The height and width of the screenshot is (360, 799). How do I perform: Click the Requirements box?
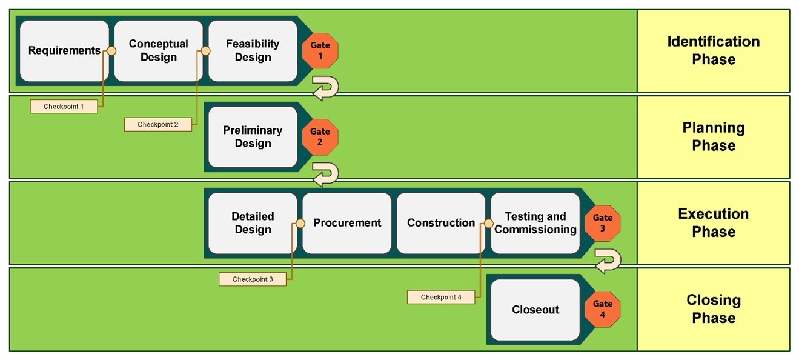tap(64, 51)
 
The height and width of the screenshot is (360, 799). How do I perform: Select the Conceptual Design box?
tap(158, 51)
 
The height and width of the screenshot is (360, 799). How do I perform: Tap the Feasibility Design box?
tap(253, 51)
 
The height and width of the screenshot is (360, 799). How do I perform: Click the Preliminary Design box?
tap(253, 137)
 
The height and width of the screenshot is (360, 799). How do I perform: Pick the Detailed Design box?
tap(253, 224)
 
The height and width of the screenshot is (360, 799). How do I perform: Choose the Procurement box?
tap(346, 224)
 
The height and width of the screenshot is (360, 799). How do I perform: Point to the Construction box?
tap(441, 224)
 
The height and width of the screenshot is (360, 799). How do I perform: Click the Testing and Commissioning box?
tap(535, 224)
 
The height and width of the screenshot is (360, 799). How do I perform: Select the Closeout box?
tap(535, 310)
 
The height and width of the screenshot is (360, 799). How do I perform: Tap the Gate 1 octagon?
tap(320, 51)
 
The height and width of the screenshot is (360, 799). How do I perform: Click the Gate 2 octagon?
tap(320, 137)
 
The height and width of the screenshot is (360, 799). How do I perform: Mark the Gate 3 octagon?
tap(603, 224)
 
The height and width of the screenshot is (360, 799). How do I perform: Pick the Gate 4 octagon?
tap(603, 309)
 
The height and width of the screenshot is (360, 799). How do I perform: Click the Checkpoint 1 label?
tap(64, 106)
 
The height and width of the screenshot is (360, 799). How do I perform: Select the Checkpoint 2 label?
tap(158, 124)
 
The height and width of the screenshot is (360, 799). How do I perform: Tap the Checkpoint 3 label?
tap(253, 279)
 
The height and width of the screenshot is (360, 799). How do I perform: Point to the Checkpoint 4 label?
tap(441, 297)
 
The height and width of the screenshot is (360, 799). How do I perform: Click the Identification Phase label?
tap(714, 51)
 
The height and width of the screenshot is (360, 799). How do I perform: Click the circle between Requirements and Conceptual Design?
tap(111, 51)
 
